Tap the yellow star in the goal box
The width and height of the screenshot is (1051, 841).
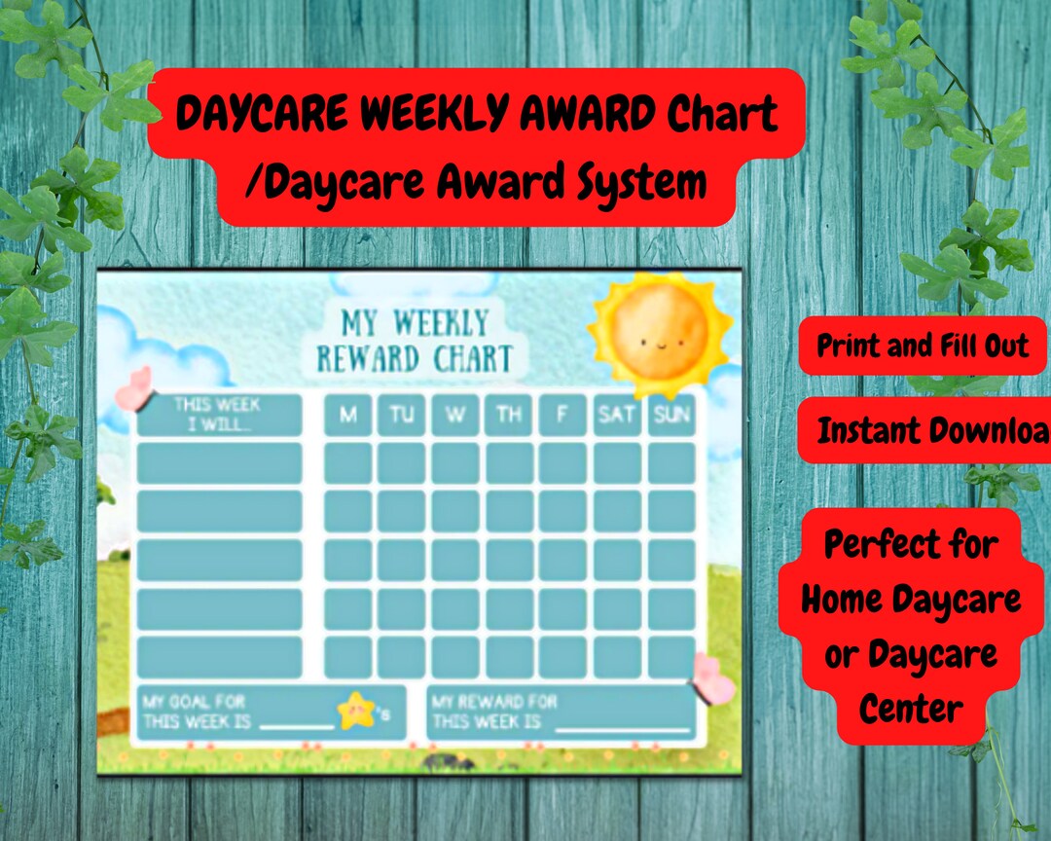[356, 711]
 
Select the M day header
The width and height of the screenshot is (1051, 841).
[348, 416]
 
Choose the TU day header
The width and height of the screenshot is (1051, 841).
[402, 416]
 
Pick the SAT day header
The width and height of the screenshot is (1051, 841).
[617, 416]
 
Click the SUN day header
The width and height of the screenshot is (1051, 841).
[671, 416]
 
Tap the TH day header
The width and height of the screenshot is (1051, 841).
[509, 416]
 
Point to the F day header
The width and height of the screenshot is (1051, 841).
[562, 416]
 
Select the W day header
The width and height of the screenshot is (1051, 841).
[455, 416]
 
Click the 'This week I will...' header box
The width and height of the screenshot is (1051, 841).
[219, 415]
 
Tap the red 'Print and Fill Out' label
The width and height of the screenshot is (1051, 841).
[922, 346]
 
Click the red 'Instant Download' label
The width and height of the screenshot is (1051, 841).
[924, 430]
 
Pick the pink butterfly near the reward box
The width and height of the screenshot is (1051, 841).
[713, 678]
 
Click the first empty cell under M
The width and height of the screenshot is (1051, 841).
[348, 463]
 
